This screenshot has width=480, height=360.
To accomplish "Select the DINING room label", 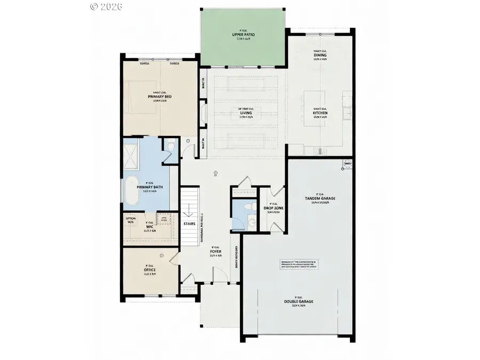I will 321,55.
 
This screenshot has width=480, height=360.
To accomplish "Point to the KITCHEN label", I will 321,113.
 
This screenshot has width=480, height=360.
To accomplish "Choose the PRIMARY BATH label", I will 150,187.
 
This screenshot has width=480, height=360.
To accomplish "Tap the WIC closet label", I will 150,226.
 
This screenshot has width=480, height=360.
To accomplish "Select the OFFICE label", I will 150,270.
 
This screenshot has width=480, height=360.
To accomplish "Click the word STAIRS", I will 189,224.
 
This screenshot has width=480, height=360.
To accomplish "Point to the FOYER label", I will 216,251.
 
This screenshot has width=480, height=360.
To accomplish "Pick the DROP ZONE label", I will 273,208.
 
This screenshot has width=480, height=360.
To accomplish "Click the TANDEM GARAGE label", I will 320,198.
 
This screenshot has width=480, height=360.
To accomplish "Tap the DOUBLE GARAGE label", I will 298,301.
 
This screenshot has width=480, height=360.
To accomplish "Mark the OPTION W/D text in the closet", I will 131,220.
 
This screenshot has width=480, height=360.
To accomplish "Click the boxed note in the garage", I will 299,265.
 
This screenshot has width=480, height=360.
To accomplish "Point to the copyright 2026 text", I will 107,6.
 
